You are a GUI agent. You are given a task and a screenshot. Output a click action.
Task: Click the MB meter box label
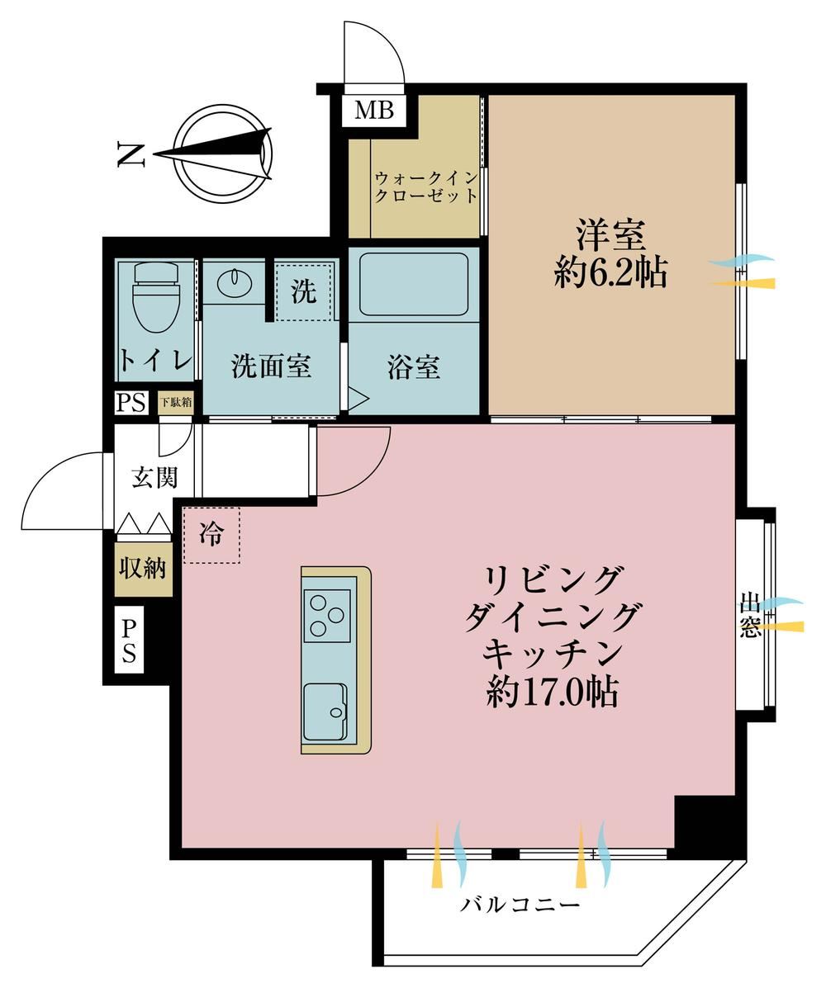tap(374, 111)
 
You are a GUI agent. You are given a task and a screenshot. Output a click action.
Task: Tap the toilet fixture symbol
tap(155, 296)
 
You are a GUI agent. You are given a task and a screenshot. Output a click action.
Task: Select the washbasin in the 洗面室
tap(235, 281)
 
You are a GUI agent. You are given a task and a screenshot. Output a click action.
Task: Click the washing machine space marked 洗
tap(303, 291)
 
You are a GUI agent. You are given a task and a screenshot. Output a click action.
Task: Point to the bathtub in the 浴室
tap(414, 285)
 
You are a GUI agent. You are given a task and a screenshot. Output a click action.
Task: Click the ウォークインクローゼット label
tap(426, 187)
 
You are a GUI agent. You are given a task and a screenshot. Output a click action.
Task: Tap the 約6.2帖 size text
tap(610, 273)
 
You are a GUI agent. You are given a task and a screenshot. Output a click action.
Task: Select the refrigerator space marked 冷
tap(211, 535)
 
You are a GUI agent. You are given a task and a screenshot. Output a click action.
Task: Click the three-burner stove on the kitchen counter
tap(327, 615)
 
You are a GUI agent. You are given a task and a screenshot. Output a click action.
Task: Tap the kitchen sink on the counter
tap(325, 711)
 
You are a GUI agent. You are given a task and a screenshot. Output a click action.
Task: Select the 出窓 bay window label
tap(750, 615)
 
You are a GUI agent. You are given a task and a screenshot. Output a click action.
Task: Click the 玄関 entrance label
tap(154, 477)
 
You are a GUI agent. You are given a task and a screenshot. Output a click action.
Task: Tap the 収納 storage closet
tap(143, 568)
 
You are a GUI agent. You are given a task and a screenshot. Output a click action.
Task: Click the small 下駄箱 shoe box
tap(175, 402)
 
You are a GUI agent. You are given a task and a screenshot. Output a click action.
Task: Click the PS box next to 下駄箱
tap(131, 403)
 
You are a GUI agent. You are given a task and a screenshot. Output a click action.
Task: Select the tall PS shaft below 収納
tap(129, 641)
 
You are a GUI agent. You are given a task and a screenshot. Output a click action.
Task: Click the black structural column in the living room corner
tap(705, 824)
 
